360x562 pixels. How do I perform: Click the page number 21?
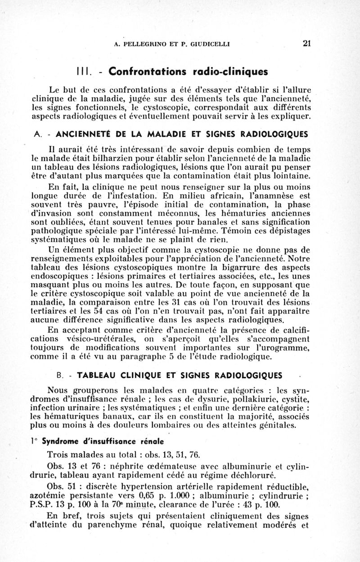[307, 44]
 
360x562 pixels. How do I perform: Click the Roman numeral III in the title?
[81, 71]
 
